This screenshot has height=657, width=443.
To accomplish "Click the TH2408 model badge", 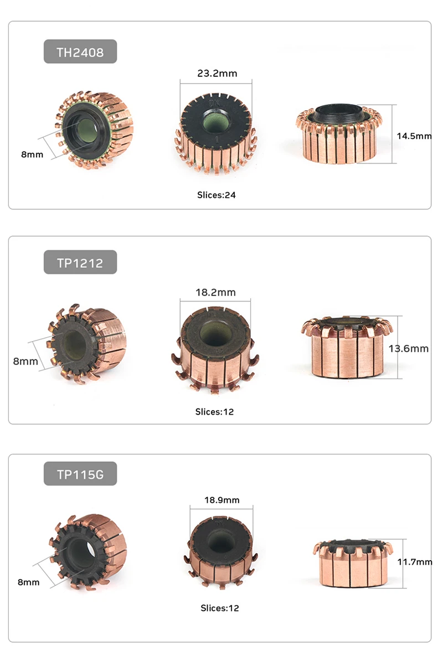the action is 80,52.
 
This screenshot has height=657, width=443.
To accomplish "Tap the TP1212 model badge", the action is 80,263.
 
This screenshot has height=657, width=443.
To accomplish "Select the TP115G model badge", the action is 80,474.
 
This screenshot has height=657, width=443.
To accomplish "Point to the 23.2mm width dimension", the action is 217,73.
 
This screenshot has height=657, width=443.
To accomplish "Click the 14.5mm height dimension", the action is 414,136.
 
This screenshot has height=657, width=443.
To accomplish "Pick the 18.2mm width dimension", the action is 215,292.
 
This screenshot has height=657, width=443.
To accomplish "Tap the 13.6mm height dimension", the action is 408,348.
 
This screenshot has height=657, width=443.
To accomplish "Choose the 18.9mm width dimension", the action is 221,500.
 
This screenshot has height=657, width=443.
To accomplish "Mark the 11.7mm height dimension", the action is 415,561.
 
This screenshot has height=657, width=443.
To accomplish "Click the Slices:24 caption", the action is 217,195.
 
